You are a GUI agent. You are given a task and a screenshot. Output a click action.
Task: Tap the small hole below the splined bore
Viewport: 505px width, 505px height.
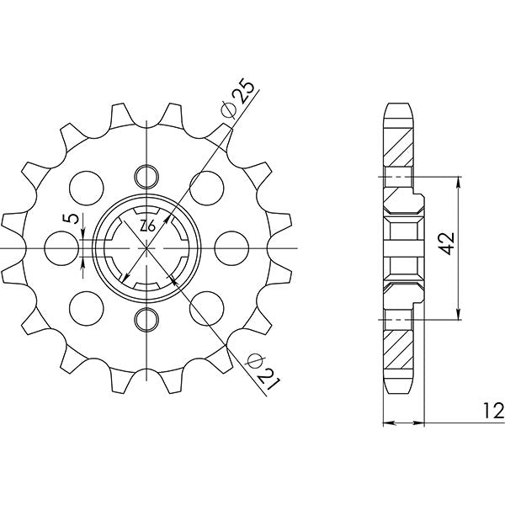[146, 319]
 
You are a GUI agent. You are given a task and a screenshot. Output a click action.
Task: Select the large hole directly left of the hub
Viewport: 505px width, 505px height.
[60, 248]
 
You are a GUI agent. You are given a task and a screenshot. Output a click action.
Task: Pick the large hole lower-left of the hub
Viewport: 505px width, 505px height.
[85, 308]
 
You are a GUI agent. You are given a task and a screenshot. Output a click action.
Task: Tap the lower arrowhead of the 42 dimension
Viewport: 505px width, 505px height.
[458, 314]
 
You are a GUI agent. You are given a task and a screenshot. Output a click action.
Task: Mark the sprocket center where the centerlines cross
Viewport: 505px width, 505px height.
[146, 248]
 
